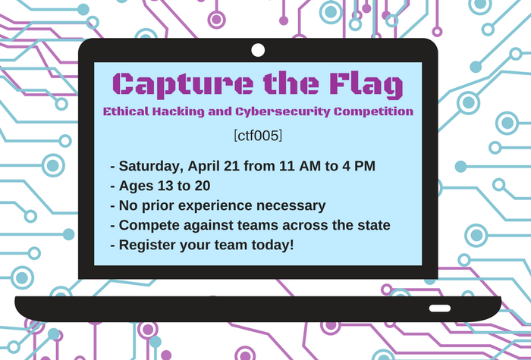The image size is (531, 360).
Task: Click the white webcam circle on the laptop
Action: tap(258, 50)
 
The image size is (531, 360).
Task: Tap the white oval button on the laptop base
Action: tap(440, 308)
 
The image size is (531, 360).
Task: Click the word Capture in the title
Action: tap(183, 85)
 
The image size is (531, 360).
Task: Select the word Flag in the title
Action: tap(366, 85)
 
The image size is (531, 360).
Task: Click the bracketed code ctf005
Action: tap(258, 136)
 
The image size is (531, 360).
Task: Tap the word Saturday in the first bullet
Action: tap(152, 167)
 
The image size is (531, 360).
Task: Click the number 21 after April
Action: tap(233, 166)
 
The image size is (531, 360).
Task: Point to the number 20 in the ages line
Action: tap(203, 186)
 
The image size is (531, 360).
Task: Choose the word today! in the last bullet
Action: tap(272, 245)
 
